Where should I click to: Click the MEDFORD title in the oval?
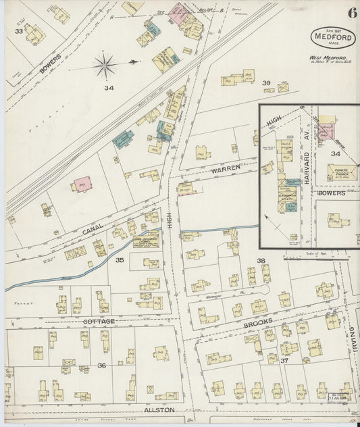coord(333,37)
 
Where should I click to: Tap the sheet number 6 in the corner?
coord(352,13)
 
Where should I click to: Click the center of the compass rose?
coord(105,66)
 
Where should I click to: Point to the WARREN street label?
coord(224,171)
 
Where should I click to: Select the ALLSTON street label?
coord(159,409)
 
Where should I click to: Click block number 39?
coord(266,83)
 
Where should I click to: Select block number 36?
coord(101,366)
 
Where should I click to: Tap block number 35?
coord(120,260)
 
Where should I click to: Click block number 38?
coord(261,260)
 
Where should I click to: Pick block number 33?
coord(19,31)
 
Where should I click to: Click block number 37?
coord(284,361)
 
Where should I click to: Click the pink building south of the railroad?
coord(83,183)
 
